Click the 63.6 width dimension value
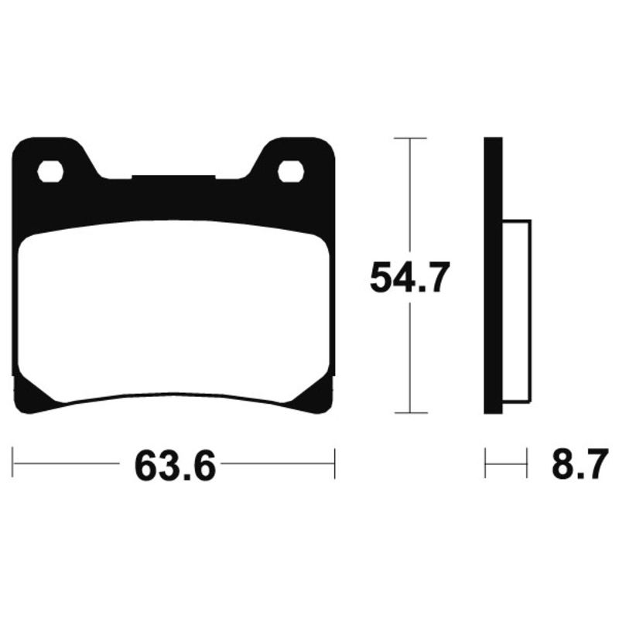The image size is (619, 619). pos(175,464)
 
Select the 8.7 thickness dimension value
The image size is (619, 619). pos(576,464)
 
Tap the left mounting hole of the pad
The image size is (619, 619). pos(50,170)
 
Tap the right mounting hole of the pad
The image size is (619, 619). pos(290,170)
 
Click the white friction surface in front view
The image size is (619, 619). pos(174,309)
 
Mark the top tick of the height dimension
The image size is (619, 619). pos(410,138)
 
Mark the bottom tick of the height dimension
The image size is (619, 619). pos(410,412)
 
